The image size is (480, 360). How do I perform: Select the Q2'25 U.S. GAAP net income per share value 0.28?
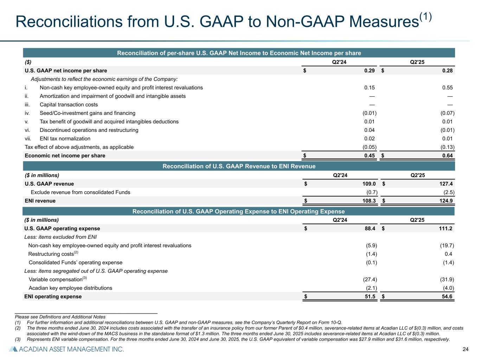click(447, 71)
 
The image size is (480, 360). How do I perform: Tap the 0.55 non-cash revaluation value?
click(447, 88)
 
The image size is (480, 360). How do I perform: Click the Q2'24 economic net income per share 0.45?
click(370, 156)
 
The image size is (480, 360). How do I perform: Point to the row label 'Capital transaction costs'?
click(69, 105)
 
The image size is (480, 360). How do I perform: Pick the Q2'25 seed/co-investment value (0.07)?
click(447, 113)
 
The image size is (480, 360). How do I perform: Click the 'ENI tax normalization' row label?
click(65, 139)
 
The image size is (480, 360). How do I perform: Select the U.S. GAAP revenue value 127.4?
click(446, 184)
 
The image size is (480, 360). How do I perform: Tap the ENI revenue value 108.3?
click(369, 201)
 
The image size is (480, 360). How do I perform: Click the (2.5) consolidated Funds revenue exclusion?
click(449, 192)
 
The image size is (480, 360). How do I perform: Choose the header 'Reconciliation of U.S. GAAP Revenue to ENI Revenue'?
click(239, 166)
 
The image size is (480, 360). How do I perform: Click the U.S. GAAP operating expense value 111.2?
click(446, 229)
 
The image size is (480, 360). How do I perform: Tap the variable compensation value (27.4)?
click(370, 280)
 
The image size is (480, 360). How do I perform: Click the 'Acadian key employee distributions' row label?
click(70, 288)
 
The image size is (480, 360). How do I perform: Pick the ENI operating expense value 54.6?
click(447, 297)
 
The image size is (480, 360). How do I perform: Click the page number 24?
click(465, 349)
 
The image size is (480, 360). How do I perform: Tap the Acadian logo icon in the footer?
click(13, 349)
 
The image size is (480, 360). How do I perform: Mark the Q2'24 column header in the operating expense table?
click(340, 220)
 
